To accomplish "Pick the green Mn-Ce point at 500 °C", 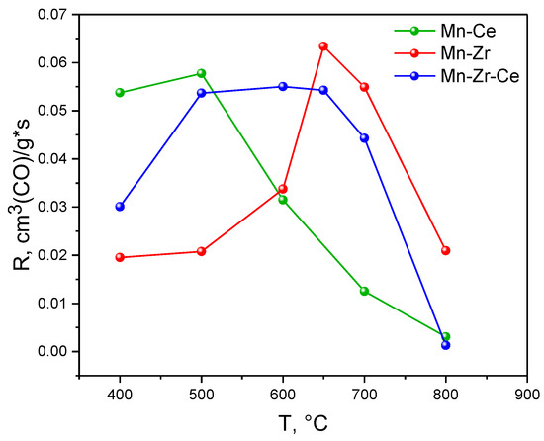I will coord(202,73).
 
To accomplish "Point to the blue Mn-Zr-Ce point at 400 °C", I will coord(120,207).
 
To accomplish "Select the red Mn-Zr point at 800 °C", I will coord(446,250).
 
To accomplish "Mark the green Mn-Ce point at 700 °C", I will coord(364,291).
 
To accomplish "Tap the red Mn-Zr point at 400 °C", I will coord(120,257).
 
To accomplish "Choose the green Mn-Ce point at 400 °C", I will coord(120,93).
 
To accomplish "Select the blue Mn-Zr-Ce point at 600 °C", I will coord(283,86).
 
